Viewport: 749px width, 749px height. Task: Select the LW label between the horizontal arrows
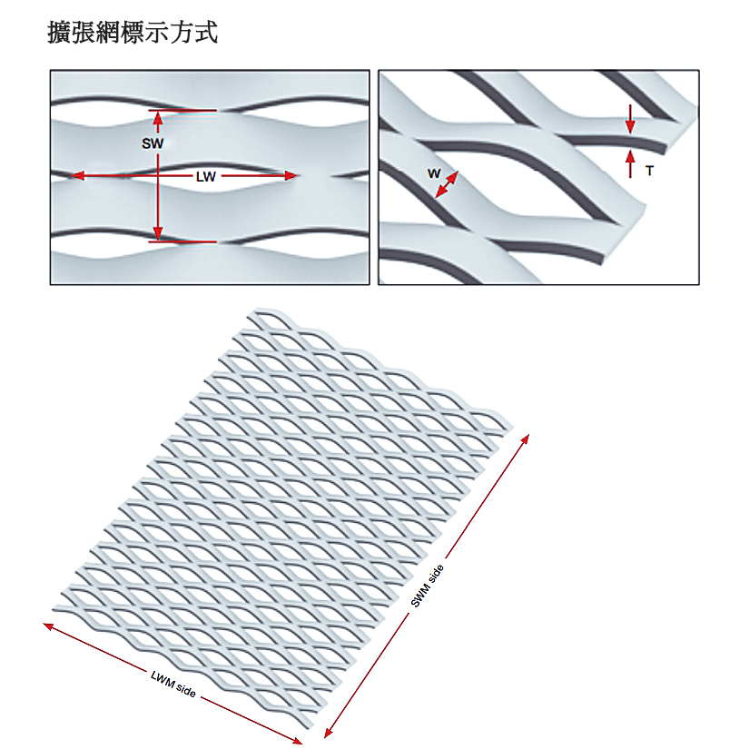click(x=206, y=177)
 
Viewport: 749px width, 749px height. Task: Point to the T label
click(x=649, y=170)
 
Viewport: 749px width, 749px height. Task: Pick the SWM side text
click(x=427, y=586)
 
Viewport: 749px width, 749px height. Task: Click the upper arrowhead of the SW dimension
click(x=159, y=115)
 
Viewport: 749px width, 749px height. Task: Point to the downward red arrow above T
click(x=630, y=122)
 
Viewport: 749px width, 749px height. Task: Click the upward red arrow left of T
click(x=630, y=162)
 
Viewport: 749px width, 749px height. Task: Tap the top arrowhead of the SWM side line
click(x=526, y=435)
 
